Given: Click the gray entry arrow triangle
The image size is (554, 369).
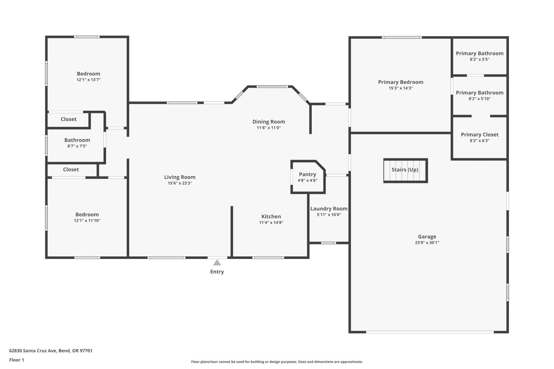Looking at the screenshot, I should point(217,263).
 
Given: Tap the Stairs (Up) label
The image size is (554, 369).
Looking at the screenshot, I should point(405,170).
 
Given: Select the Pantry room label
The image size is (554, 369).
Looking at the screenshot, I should point(307,174).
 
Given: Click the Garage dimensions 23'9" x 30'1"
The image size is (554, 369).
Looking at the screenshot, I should point(427,243).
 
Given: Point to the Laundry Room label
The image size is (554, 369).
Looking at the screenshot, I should point(329,209).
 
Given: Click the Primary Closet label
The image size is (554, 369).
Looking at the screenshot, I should point(480,135).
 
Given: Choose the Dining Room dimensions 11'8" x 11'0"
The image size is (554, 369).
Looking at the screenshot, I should point(269,128).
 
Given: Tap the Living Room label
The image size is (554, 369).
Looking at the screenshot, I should point(180,177).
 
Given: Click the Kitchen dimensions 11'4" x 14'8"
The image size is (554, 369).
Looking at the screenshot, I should point(271,223).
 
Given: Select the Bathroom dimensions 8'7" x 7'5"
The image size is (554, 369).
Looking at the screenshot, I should point(77,146).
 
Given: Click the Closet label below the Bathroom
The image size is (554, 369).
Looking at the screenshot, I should point(71,169).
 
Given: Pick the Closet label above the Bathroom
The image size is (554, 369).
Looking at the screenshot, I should point(68,119).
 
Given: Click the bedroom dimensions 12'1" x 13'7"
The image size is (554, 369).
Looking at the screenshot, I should point(89,80).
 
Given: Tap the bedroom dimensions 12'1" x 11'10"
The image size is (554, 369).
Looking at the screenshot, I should point(87,221).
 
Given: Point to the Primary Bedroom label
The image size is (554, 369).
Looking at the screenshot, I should point(400,82).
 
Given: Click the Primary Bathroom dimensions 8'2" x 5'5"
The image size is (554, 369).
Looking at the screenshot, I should point(480,60).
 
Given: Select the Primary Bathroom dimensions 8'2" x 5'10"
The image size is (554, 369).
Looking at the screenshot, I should point(480,99).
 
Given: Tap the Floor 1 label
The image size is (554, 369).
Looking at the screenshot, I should point(17,360).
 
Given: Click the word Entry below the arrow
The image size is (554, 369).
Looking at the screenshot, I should point(217,272).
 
